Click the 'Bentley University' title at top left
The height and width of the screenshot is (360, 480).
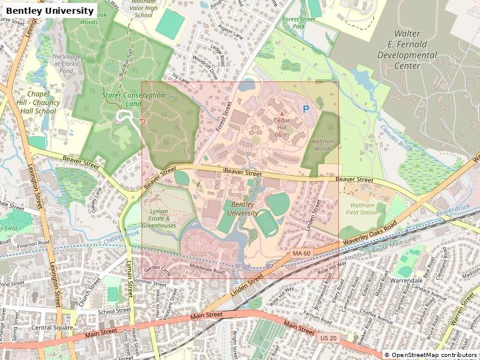[50, 11]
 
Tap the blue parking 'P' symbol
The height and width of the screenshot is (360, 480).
[305, 110]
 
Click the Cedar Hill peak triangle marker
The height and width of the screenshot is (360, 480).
[281, 113]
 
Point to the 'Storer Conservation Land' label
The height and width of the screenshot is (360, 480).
[125, 100]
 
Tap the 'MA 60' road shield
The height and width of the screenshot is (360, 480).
[301, 254]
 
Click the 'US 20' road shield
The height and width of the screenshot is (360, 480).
[328, 338]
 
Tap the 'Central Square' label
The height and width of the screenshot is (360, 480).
[51, 328]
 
